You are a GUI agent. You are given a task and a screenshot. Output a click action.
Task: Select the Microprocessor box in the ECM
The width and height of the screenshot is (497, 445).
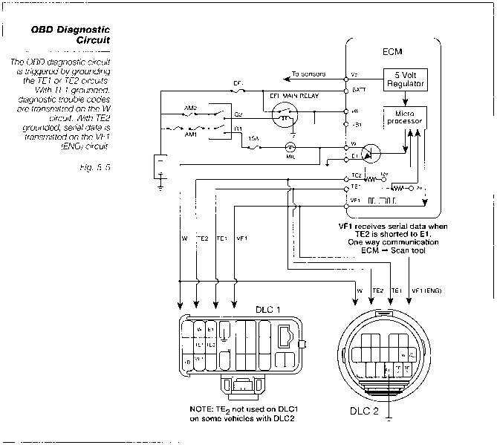click(x=402, y=117)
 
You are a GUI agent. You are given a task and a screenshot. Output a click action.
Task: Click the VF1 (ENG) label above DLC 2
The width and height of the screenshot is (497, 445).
click(x=426, y=290)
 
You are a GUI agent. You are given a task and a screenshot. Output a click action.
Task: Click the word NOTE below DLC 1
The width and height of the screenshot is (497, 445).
click(x=202, y=410)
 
